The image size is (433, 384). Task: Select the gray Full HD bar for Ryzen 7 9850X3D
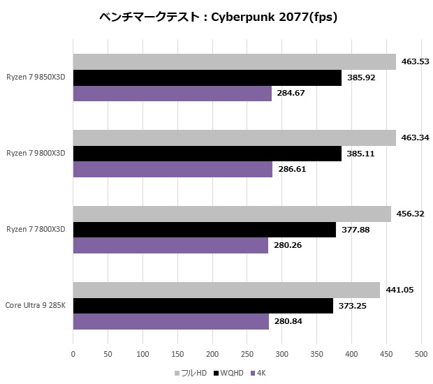point(234,61)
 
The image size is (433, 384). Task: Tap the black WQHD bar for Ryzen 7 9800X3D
point(207,154)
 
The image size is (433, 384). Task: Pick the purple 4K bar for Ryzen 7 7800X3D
point(170,245)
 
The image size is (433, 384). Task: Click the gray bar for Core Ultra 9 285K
point(226,290)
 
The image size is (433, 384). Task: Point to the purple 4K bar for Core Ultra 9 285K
point(170,321)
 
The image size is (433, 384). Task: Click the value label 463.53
point(415,61)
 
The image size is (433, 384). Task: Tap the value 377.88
point(355,230)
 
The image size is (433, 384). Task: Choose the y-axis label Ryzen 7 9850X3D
point(36,77)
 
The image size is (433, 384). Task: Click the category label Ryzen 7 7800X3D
point(36,230)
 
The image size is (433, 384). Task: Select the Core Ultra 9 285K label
point(36,306)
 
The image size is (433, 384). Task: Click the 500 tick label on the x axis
point(420,355)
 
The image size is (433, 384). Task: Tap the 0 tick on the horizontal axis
point(73,355)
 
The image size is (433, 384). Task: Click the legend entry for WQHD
point(231,373)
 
